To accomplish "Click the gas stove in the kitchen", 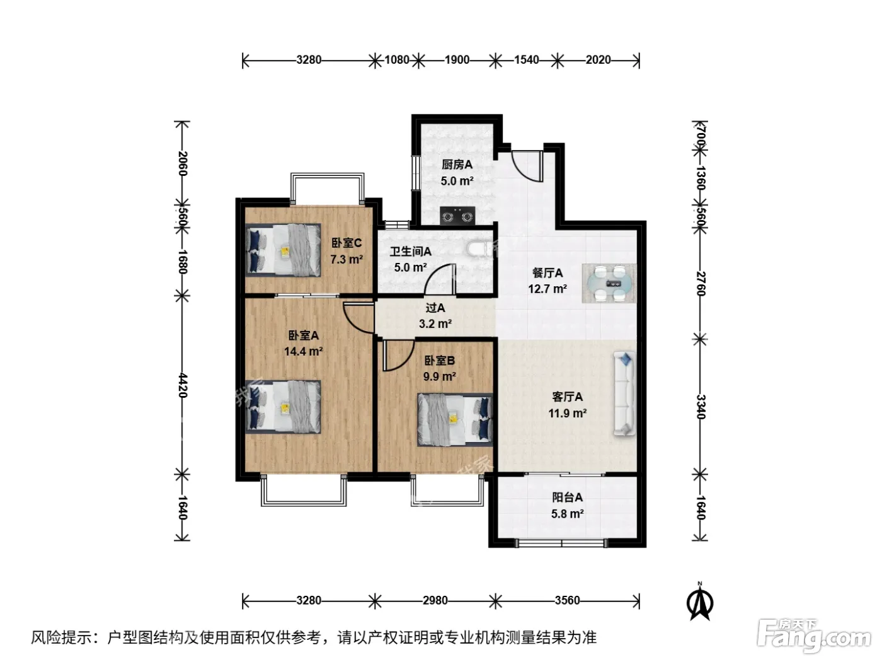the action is click(x=457, y=216).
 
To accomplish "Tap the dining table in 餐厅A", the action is click(x=609, y=283).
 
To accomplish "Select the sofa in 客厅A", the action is click(x=624, y=393).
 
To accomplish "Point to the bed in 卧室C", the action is click(x=283, y=250).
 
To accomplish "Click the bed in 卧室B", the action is click(x=455, y=420).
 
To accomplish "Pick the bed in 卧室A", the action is click(x=283, y=407).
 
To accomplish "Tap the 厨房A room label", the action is click(x=457, y=165).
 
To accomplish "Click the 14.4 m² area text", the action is click(x=304, y=352).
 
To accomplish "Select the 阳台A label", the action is click(x=567, y=497).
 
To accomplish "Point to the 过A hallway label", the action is click(x=435, y=308).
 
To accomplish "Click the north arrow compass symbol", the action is click(x=700, y=601).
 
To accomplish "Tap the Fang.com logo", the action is click(x=814, y=636).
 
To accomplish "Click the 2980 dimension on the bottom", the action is click(x=435, y=600).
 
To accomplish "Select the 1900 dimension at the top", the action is click(x=457, y=60).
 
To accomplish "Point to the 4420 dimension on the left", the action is click(x=183, y=385).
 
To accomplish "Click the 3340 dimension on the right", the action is click(x=701, y=407).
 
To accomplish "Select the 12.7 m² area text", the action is click(x=547, y=289).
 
